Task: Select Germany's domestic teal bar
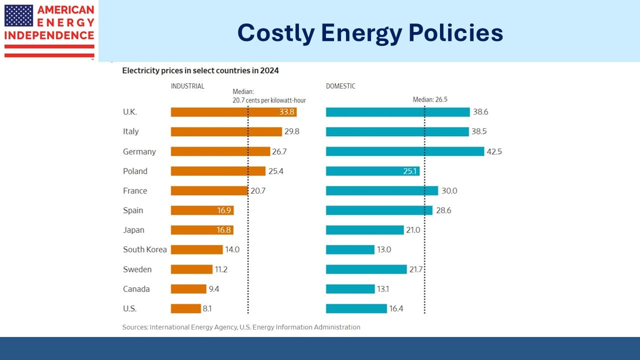tap(405, 151)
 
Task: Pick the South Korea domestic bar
tap(350, 249)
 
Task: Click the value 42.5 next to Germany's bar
tap(494, 151)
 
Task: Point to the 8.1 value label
tap(206, 308)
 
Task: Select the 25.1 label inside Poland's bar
tap(410, 171)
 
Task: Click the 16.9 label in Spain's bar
tap(224, 210)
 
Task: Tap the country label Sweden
tap(137, 269)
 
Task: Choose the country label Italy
tap(131, 131)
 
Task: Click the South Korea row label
tap(145, 249)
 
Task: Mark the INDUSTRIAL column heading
tap(187, 86)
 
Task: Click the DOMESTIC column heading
tap(340, 86)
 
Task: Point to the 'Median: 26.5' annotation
tap(429, 99)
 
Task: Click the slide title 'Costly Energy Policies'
tap(370, 33)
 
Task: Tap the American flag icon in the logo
tap(18, 15)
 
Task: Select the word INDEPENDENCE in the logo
tap(49, 35)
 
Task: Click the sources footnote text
tap(241, 327)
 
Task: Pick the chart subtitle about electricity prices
tap(200, 70)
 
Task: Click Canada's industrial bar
tap(188, 289)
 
